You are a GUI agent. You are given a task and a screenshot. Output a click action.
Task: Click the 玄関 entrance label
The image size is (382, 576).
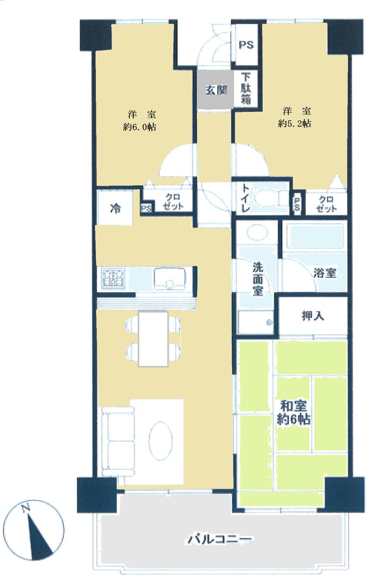pyautogui.click(x=216, y=90)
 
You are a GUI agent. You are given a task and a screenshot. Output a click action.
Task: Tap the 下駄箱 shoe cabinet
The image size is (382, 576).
pyautogui.click(x=246, y=89)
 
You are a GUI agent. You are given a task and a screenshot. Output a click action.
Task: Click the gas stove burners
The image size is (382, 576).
pyautogui.click(x=113, y=278)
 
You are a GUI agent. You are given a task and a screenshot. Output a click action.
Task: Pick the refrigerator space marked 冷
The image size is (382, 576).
pyautogui.click(x=115, y=208)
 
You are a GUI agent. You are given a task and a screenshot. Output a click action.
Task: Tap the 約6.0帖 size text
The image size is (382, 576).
pyautogui.click(x=139, y=127)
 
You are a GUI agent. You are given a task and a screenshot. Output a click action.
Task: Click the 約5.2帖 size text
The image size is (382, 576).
pyautogui.click(x=295, y=123)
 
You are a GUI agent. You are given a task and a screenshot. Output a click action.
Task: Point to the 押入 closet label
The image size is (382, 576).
pyautogui.click(x=312, y=316)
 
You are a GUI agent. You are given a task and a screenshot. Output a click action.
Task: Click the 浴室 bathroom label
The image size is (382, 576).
pyautogui.click(x=325, y=273)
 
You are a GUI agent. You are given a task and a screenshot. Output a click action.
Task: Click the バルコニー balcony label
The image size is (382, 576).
pyautogui.click(x=220, y=539)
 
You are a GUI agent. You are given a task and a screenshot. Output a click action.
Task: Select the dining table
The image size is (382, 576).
pyautogui.click(x=153, y=338)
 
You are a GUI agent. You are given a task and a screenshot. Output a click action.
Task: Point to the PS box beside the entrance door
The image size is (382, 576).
pyautogui.click(x=246, y=45)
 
